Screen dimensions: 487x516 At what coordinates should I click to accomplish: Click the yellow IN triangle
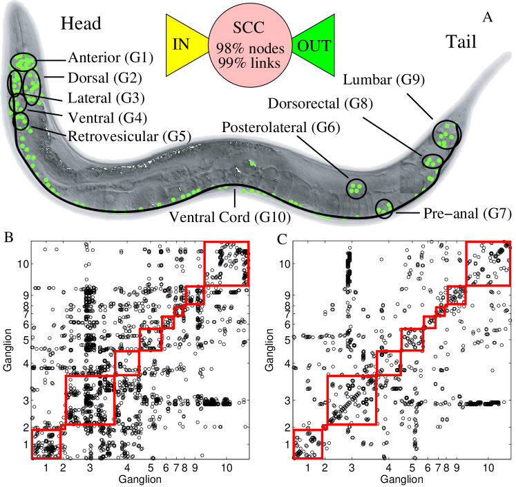(x=184, y=44)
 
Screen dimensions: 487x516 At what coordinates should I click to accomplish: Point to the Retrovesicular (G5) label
(x=130, y=136)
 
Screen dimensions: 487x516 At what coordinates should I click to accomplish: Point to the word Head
(x=81, y=24)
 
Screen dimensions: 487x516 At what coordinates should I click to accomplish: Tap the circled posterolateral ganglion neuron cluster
(x=356, y=187)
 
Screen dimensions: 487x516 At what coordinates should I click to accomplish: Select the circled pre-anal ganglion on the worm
(x=384, y=208)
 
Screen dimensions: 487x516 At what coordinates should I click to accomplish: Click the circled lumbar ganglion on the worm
(x=446, y=136)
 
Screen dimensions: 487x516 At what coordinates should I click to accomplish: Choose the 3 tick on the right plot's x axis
(x=352, y=468)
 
